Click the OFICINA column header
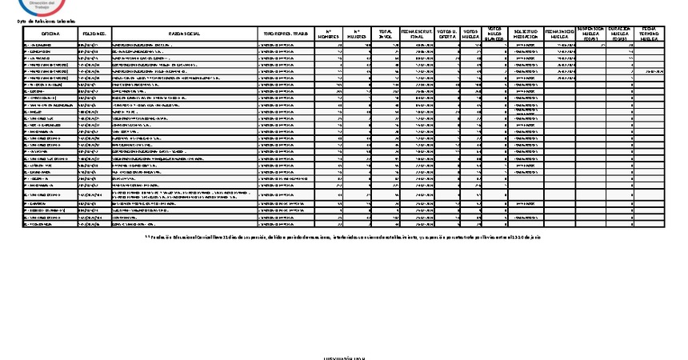(50, 34)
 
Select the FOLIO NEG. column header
(94, 34)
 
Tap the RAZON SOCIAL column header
(185, 34)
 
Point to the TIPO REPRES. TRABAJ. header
(286, 34)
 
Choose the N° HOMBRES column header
(328, 34)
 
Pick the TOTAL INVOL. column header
(386, 34)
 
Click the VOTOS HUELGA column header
(472, 34)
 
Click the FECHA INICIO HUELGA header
(559, 34)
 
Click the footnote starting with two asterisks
(344, 237)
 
